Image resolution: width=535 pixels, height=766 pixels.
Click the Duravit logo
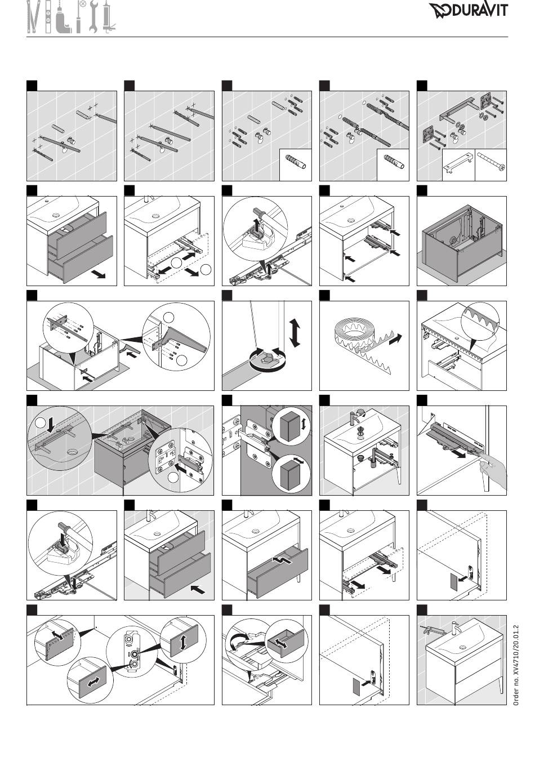469,10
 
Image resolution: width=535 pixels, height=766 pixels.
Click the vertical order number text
516,665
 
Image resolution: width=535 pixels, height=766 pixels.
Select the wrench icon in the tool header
93,17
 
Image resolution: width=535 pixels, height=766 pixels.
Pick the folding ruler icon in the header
33,17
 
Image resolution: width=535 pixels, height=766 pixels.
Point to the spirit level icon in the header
48,17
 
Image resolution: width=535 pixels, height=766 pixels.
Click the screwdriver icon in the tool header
80,16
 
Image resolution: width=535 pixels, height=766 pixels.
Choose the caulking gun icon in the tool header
109,17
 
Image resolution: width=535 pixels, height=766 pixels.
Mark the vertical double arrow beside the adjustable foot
295,332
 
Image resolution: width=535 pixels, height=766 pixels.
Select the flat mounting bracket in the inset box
458,163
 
